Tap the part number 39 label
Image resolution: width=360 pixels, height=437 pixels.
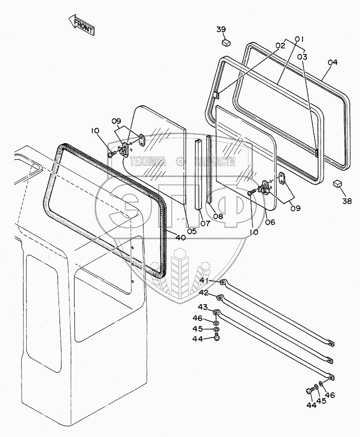point(221,29)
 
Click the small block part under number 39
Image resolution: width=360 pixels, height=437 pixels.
point(226,42)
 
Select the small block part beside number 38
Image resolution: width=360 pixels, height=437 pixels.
point(337,184)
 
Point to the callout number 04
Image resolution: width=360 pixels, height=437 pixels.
point(332,63)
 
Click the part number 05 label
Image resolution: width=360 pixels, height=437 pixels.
point(191,231)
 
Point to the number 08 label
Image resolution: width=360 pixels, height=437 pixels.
point(218,216)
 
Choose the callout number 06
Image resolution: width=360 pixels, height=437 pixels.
point(270,222)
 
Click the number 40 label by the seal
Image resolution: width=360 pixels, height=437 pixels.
point(180,237)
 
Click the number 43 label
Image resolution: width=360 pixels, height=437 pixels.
point(203,308)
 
